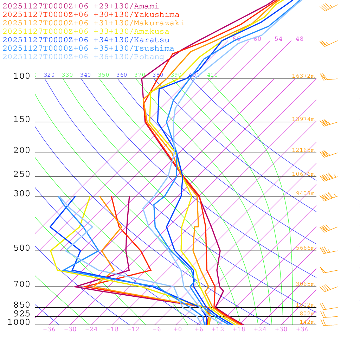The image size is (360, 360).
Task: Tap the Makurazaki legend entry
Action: pyautogui.click(x=94, y=23)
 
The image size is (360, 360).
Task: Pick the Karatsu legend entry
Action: pyautogui.click(x=86, y=40)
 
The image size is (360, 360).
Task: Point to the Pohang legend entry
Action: pyautogui.click(x=84, y=57)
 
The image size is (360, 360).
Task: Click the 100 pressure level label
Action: pyautogui.click(x=22, y=76)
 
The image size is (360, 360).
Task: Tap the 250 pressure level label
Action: pyautogui.click(x=22, y=174)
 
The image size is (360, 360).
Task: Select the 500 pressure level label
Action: pyautogui.click(x=22, y=248)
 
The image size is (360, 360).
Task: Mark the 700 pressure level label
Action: pyautogui.click(x=22, y=284)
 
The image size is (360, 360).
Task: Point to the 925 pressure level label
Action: pyautogui.click(x=22, y=314)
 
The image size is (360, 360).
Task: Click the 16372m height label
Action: pyautogui.click(x=303, y=76)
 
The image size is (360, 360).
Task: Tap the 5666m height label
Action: pyautogui.click(x=305, y=248)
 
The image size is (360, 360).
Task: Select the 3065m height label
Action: pyautogui.click(x=305, y=284)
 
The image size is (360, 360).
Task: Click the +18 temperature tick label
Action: pyautogui.click(x=239, y=329)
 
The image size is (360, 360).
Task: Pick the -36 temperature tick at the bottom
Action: pyautogui.click(x=49, y=329)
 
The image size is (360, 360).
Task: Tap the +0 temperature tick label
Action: pyautogui.click(x=178, y=329)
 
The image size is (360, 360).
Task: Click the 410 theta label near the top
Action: pyautogui.click(x=212, y=75)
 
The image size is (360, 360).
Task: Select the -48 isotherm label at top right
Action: pyautogui.click(x=297, y=39)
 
